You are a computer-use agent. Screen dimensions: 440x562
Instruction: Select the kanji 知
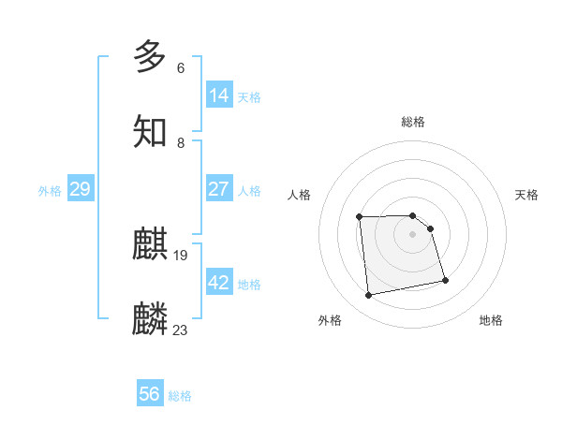pyautogui.click(x=150, y=131)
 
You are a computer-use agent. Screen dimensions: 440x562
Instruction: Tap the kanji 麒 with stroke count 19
pyautogui.click(x=150, y=246)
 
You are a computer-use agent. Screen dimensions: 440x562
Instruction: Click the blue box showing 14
pyautogui.click(x=219, y=95)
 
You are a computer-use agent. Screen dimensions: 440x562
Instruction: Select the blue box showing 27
pyautogui.click(x=219, y=189)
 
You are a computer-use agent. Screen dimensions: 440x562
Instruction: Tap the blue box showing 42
pyautogui.click(x=219, y=283)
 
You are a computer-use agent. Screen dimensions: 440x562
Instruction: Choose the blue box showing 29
pyautogui.click(x=80, y=189)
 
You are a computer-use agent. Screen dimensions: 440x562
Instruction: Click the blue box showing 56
pyautogui.click(x=150, y=394)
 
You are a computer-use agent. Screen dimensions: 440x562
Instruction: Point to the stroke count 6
pyautogui.click(x=181, y=68)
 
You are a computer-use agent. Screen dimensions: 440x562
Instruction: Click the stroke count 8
pyautogui.click(x=181, y=143)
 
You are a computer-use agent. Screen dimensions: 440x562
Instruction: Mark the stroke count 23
pyautogui.click(x=181, y=330)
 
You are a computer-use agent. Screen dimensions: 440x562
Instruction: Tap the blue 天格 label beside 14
pyautogui.click(x=249, y=96)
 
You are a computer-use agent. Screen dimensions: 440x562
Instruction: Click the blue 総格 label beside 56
pyautogui.click(x=180, y=396)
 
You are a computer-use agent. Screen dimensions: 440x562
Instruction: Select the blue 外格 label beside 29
pyautogui.click(x=50, y=191)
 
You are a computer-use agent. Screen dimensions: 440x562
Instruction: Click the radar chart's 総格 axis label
pyautogui.click(x=413, y=122)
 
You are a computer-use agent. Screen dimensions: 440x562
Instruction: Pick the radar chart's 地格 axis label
pyautogui.click(x=491, y=320)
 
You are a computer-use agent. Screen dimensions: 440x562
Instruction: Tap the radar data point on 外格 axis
pyautogui.click(x=369, y=296)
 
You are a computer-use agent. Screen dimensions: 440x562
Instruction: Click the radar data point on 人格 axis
pyautogui.click(x=360, y=217)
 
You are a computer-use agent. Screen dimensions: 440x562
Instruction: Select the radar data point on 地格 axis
pyautogui.click(x=445, y=280)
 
